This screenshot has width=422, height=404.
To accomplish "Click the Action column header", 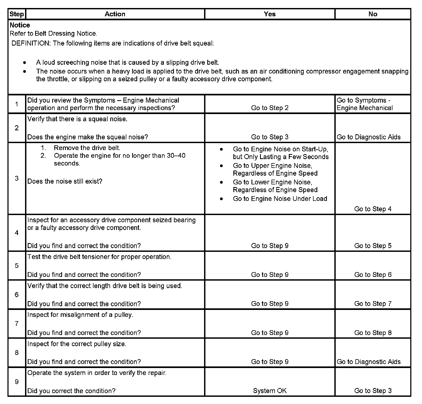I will tap(115, 14).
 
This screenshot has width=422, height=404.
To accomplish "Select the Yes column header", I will tap(270, 14).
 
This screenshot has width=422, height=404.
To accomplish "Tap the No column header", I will tap(373, 14).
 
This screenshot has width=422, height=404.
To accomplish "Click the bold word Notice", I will tap(20, 25).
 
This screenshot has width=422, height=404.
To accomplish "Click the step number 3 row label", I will tap(17, 178).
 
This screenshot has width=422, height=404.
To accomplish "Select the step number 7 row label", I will tap(17, 324).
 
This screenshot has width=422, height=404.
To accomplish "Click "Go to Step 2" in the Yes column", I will tap(270, 108).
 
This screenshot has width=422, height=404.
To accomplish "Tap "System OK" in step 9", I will tap(270, 391).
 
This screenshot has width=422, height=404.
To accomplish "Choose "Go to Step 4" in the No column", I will tap(373, 209).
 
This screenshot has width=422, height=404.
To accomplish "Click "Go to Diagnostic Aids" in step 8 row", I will tap(368, 362).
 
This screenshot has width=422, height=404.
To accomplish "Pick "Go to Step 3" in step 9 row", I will tap(373, 391).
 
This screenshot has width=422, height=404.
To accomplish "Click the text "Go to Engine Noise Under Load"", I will tap(280, 199).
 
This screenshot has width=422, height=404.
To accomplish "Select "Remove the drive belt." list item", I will tap(87, 148).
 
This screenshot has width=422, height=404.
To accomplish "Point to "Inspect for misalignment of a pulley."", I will tap(80, 315).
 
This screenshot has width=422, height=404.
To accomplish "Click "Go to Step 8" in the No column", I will tap(373, 333).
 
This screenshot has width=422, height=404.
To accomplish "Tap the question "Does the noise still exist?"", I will tap(65, 181).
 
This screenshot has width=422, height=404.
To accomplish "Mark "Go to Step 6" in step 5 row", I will tap(373, 275).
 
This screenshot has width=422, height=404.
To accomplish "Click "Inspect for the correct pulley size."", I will tap(77, 344).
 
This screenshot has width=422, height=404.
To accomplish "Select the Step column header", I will tap(17, 14).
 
